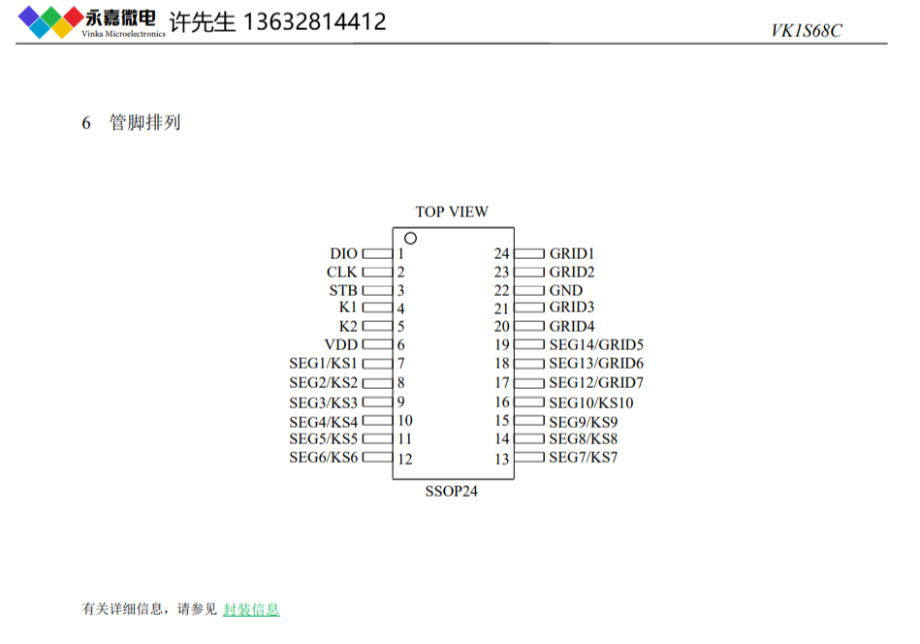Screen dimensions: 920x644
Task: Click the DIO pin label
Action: pyautogui.click(x=343, y=253)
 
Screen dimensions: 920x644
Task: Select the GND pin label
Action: pyautogui.click(x=565, y=290)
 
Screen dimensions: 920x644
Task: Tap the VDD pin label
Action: pyautogui.click(x=341, y=344)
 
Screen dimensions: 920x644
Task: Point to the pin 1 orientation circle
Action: pyautogui.click(x=411, y=239)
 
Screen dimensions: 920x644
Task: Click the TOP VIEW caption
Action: pyautogui.click(x=452, y=211)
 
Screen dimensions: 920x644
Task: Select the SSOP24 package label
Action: pyautogui.click(x=451, y=491)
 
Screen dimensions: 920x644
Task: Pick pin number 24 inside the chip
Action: pyautogui.click(x=501, y=253)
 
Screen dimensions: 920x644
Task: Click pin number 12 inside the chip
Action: pyautogui.click(x=405, y=459)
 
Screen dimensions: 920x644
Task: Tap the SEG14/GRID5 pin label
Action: pyautogui.click(x=596, y=344)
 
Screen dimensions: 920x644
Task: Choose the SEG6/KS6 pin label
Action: pyautogui.click(x=323, y=458)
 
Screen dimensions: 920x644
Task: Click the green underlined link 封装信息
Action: pyautogui.click(x=251, y=609)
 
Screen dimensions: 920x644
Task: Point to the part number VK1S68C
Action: pyautogui.click(x=807, y=30)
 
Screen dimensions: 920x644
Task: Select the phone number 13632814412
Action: pyautogui.click(x=315, y=21)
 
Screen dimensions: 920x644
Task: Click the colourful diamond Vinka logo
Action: pyautogui.click(x=51, y=22)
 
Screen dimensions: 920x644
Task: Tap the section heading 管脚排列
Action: pyautogui.click(x=144, y=123)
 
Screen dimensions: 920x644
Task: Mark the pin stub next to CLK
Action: pyautogui.click(x=377, y=273)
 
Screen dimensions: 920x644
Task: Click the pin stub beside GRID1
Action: pyautogui.click(x=529, y=253)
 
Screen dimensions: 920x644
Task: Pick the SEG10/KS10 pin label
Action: pyautogui.click(x=590, y=402)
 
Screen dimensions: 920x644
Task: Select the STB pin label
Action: pyautogui.click(x=343, y=291)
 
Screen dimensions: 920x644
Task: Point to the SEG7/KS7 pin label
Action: pyautogui.click(x=584, y=458)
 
